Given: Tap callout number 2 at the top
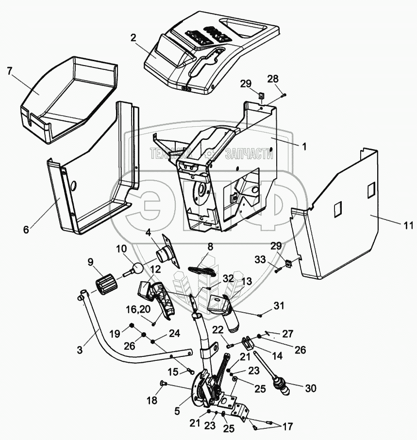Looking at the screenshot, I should tap(133, 37).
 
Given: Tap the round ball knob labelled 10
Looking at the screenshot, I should tap(137, 267).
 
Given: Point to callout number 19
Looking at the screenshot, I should tap(114, 334).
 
